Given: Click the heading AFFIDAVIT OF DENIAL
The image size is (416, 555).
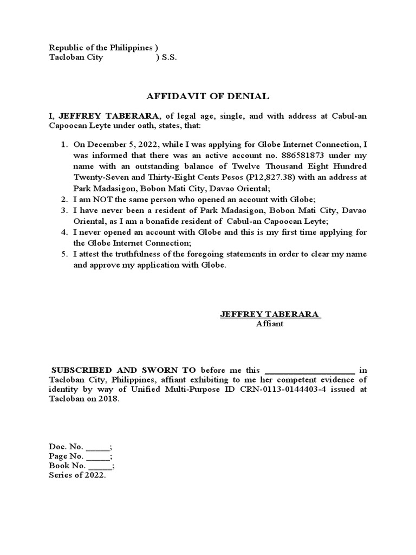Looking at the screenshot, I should [208, 96].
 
